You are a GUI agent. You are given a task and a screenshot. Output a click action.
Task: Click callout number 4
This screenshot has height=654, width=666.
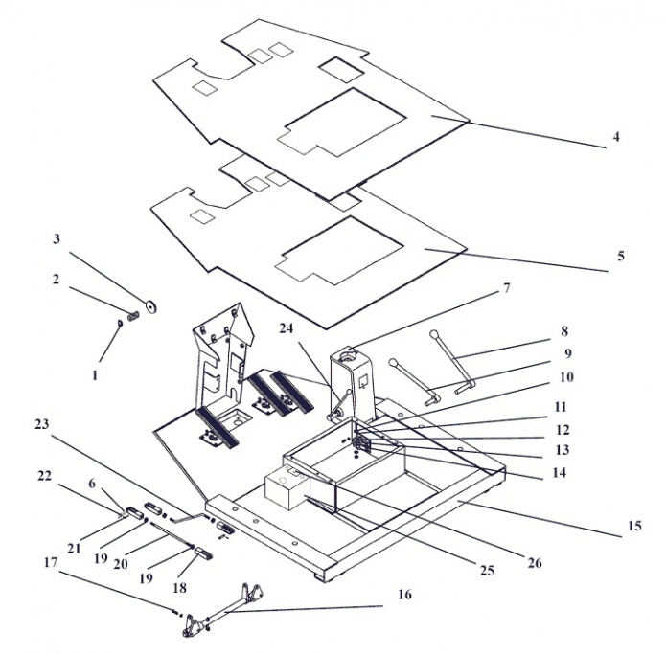(616, 137)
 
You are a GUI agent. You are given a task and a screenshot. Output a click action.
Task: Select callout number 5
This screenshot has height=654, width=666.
(621, 256)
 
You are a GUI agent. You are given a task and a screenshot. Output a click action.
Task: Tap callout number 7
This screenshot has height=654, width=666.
(506, 288)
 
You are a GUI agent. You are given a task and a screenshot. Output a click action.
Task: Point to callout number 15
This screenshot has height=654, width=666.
(633, 526)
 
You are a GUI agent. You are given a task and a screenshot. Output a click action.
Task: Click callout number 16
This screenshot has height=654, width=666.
(404, 595)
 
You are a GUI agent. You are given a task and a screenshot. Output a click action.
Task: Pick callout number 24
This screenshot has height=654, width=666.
(286, 328)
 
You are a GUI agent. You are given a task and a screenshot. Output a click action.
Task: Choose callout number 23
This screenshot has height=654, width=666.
(41, 424)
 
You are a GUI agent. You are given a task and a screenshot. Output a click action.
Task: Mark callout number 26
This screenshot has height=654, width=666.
(535, 563)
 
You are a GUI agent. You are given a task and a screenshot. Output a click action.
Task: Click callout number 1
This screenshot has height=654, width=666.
(95, 375)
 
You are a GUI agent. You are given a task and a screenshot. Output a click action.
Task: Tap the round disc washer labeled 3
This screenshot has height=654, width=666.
(151, 306)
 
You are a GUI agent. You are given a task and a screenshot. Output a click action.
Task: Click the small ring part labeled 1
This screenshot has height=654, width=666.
(120, 324)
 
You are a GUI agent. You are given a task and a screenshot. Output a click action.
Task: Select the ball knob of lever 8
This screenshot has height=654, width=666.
(433, 334)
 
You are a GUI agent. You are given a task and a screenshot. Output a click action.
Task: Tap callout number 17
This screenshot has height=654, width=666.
(50, 563)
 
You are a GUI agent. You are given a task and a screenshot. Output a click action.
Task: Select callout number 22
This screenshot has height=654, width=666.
(44, 476)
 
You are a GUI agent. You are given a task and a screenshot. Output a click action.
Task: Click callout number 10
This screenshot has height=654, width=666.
(566, 376)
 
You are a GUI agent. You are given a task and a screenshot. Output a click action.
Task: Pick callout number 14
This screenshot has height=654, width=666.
(559, 472)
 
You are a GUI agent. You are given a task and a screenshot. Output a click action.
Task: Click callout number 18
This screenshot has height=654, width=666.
(179, 588)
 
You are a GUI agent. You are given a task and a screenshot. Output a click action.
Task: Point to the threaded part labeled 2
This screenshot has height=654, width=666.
(133, 316)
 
